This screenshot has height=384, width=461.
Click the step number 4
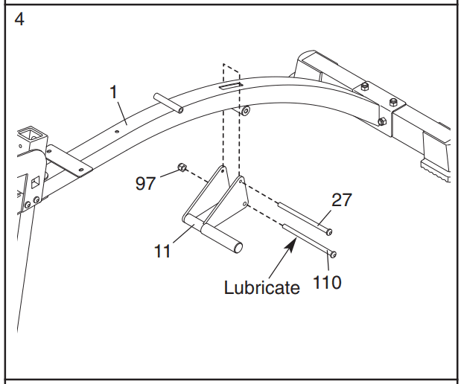point(19,19)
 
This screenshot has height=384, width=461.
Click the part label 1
point(114,92)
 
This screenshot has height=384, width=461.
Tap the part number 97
point(145,183)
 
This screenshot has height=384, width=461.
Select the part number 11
point(162,252)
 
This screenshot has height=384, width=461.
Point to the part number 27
point(342,200)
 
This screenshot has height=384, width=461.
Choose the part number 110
point(327,282)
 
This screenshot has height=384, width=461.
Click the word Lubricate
point(261,287)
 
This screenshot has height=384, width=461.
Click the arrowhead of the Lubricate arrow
point(291,245)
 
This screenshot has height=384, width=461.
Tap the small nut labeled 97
point(182,167)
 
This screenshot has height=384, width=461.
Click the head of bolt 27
point(329,232)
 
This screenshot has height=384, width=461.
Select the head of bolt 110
point(333,255)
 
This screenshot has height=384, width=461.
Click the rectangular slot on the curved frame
point(231,86)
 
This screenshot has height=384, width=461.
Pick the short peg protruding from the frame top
point(168,103)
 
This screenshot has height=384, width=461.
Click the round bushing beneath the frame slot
point(245,111)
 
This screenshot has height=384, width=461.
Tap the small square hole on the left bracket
point(36,182)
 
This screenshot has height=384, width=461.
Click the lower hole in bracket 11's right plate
point(244,203)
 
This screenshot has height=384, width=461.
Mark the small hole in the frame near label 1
point(117,132)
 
